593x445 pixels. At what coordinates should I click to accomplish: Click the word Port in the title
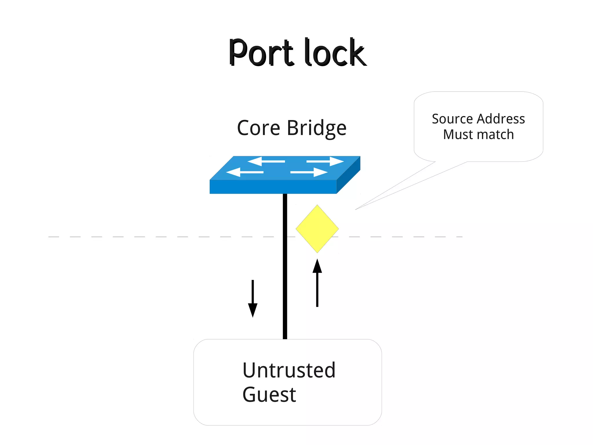(261, 53)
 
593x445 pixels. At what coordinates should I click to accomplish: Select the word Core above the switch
(259, 128)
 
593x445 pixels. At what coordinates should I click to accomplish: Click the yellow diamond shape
(317, 229)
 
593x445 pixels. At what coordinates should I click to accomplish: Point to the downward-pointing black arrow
(252, 298)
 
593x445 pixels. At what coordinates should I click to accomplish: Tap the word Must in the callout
(456, 135)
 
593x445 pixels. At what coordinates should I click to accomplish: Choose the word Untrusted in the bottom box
(289, 370)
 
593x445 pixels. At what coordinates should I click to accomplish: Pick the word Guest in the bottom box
(269, 395)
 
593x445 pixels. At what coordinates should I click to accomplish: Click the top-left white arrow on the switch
(266, 161)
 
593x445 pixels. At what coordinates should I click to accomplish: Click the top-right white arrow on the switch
(325, 161)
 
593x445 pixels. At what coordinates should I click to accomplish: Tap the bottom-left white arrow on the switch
(245, 172)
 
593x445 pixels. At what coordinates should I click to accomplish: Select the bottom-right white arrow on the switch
(309, 172)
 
